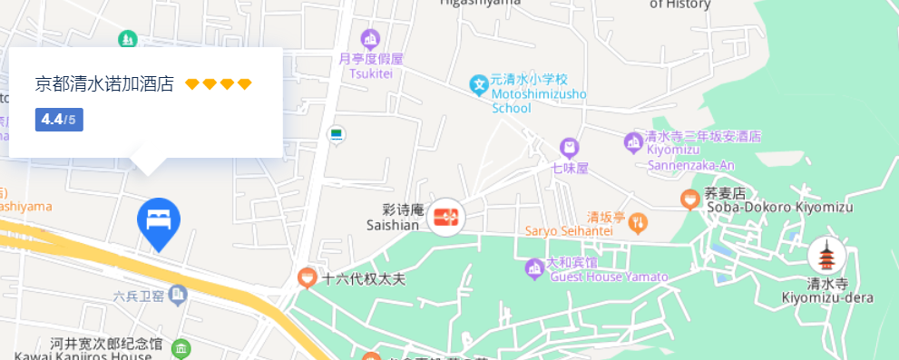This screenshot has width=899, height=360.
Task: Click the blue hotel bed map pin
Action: [159, 220]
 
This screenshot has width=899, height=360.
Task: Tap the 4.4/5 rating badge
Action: [59, 120]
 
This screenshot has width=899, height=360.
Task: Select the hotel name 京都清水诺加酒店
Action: [104, 84]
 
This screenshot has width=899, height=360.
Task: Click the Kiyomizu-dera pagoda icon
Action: [826, 257]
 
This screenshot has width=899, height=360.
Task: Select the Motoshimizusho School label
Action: [538, 93]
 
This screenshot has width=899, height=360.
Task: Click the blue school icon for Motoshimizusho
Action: [479, 85]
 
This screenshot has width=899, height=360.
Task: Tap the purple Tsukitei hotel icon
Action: [369, 39]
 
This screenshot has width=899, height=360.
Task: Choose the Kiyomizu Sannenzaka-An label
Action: [703, 151]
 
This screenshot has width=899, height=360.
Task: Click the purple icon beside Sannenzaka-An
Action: [633, 141]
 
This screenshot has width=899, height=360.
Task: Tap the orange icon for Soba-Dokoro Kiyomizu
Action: [689, 198]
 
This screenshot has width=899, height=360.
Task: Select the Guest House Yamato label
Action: [609, 271]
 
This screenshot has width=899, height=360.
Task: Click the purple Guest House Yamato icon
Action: [534, 268]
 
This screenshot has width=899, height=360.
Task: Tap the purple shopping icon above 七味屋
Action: [569, 147]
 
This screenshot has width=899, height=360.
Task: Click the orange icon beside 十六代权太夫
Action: [307, 277]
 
